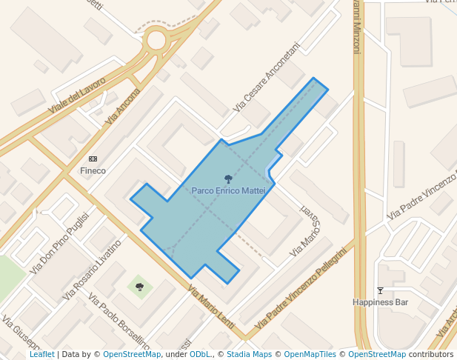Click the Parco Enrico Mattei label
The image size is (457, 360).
click(x=228, y=190)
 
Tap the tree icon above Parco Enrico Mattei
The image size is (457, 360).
click(x=228, y=179)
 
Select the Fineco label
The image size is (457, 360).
click(x=93, y=170)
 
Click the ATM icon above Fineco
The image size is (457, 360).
click(x=93, y=159)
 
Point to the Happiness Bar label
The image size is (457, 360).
click(x=380, y=302)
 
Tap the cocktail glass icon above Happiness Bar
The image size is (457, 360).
click(x=380, y=290)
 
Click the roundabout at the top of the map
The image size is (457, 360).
click(x=156, y=40)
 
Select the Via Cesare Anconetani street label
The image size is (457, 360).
click(x=266, y=77)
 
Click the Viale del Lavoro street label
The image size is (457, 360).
click(x=77, y=96)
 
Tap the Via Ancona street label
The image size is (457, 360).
click(x=123, y=105)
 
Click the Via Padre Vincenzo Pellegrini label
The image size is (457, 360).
click(x=301, y=290)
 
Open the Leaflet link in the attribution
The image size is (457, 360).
click(x=41, y=354)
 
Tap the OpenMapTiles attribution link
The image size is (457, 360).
click(x=311, y=354)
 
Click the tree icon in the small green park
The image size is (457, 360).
click(x=139, y=286)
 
